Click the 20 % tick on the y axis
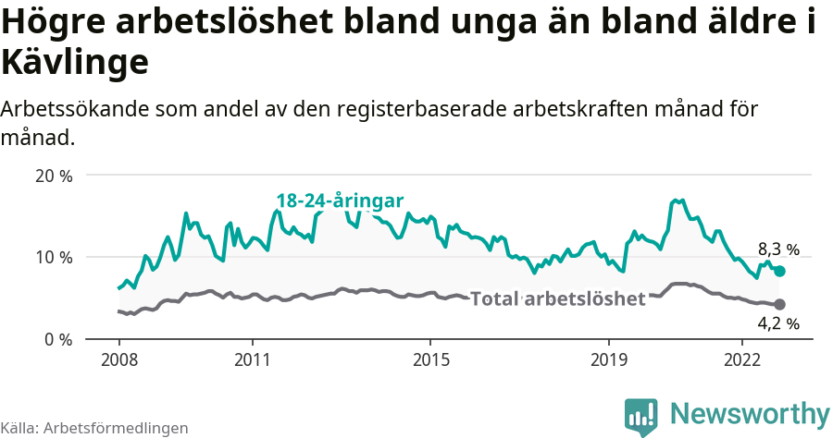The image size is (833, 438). tap(53, 176)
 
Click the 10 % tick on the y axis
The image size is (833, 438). tap(53, 257)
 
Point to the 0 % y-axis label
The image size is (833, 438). tap(57, 340)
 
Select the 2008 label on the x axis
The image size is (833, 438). tap(118, 359)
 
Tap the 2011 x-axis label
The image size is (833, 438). tap(253, 359)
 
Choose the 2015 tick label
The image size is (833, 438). tap(430, 359)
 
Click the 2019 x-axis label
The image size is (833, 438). tap(609, 359)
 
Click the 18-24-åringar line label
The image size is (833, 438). tap(340, 201)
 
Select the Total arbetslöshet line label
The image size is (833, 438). tap(557, 298)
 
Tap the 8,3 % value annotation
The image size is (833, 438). tap(778, 249)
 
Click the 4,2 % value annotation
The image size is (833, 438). tap(778, 323)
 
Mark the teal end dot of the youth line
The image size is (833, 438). tap(779, 271)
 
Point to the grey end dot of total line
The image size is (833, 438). tap(779, 304)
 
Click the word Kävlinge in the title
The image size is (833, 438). tap(75, 63)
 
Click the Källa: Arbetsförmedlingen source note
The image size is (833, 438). tap(94, 428)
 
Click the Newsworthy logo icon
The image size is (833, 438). tap(641, 416)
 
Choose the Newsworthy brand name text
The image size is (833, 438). tap(750, 413)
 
